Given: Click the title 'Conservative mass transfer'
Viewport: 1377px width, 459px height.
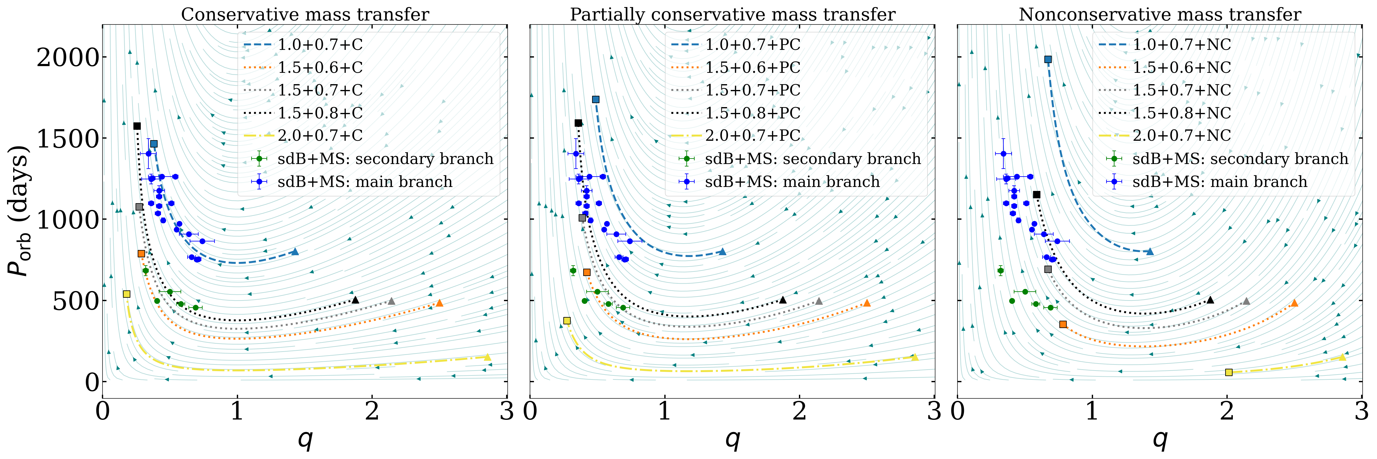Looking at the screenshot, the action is click(305, 14).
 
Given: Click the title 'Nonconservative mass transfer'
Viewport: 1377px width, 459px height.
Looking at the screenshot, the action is click(1160, 14).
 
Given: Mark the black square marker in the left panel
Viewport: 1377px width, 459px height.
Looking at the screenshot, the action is click(137, 126).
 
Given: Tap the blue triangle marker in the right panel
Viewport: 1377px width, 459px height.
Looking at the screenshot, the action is click(1150, 252).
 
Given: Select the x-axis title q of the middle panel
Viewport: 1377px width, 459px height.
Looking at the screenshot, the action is click(732, 439).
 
